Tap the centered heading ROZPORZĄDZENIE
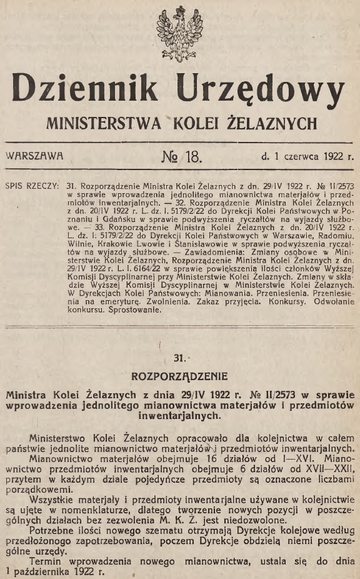point(180,376)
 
